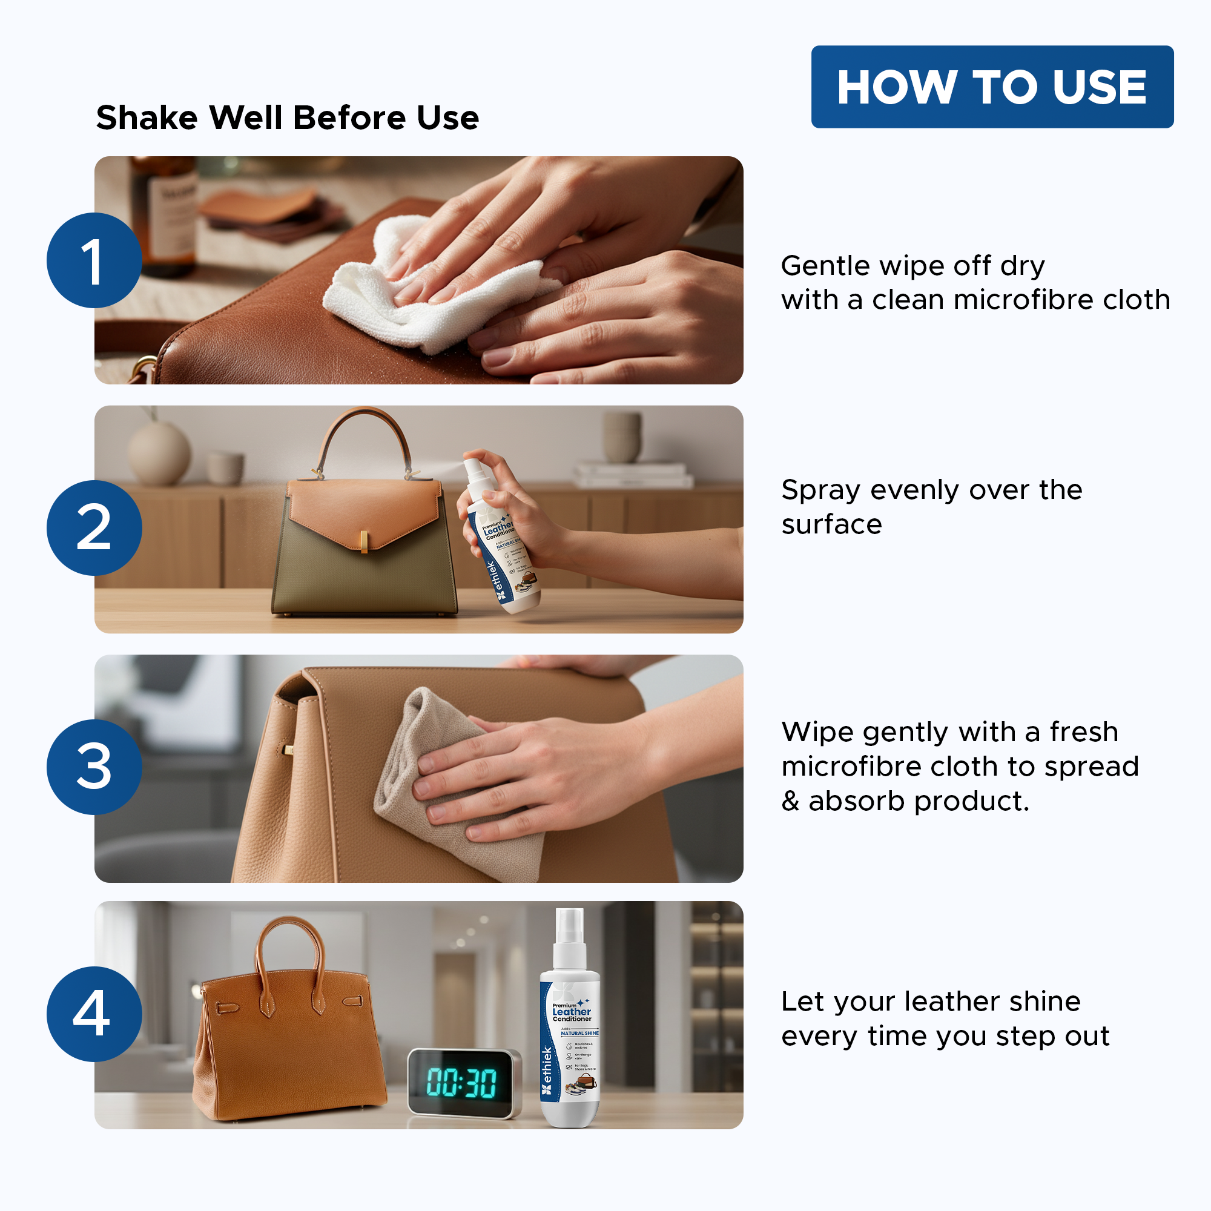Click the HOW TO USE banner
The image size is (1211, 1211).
click(992, 87)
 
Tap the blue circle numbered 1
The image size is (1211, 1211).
click(94, 260)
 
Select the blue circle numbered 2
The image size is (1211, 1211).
click(94, 528)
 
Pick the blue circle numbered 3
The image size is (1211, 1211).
click(94, 767)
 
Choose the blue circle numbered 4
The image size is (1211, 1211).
click(94, 1014)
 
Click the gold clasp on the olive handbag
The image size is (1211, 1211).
click(363, 542)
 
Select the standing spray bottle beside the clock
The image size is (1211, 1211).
click(569, 1028)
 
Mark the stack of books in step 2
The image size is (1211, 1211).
click(633, 475)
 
